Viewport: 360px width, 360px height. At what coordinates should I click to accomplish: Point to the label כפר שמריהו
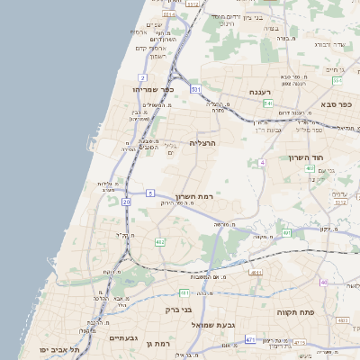point(149,91)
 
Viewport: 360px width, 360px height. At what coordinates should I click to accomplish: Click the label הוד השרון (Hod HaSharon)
point(306,157)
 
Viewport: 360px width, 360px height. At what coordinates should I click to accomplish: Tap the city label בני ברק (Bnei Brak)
point(178,310)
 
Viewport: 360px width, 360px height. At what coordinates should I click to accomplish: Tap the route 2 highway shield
point(142,78)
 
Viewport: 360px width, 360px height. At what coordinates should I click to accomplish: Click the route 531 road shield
point(195,90)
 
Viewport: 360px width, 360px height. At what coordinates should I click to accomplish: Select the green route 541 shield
point(268,103)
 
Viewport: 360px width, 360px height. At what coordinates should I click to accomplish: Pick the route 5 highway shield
point(150,193)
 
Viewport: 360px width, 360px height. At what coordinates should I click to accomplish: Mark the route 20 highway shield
point(127,202)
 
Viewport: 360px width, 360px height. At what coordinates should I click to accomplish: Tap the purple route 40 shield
point(323,283)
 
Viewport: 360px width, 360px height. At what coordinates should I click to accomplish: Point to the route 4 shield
point(262,162)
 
